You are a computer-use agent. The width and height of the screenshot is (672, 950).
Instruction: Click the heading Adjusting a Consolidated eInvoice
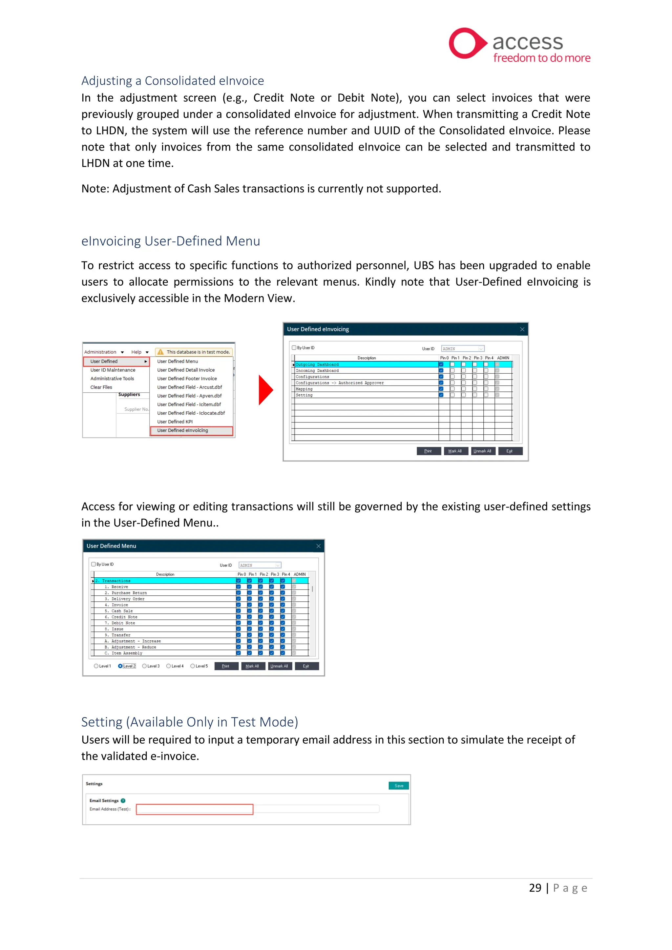click(172, 81)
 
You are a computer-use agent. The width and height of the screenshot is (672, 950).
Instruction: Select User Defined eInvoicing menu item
click(182, 430)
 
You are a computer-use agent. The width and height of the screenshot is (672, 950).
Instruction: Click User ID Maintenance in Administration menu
click(113, 370)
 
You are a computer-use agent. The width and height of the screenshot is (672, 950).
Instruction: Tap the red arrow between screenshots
click(265, 390)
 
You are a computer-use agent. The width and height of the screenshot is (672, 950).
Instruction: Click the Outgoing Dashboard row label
click(317, 364)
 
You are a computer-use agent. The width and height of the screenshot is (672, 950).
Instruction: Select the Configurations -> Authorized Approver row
click(339, 383)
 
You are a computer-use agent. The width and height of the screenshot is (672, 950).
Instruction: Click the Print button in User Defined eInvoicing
click(428, 451)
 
